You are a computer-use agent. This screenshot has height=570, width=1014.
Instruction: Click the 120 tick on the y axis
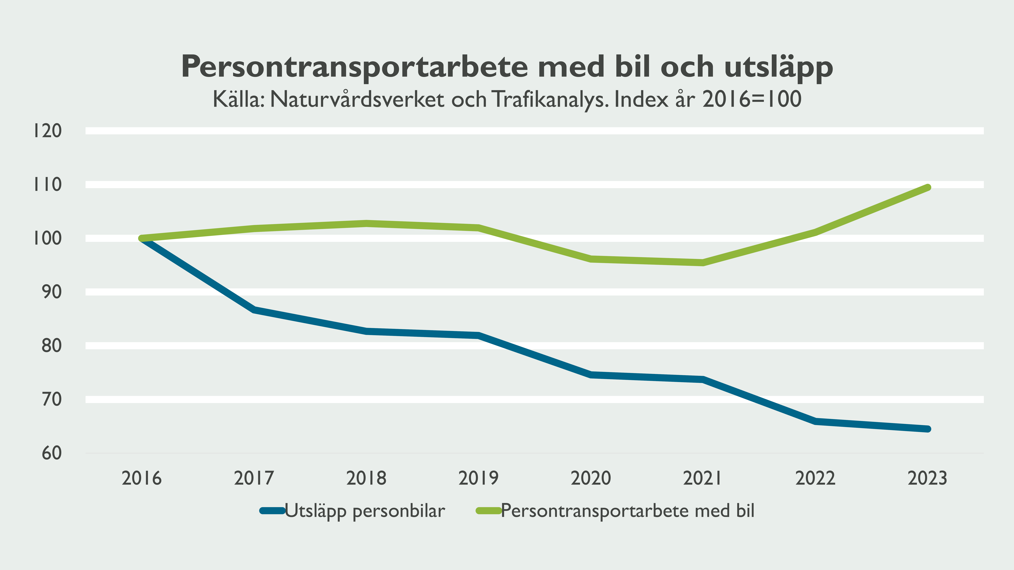(47, 131)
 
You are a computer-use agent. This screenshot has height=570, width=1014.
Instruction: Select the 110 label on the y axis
(47, 185)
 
